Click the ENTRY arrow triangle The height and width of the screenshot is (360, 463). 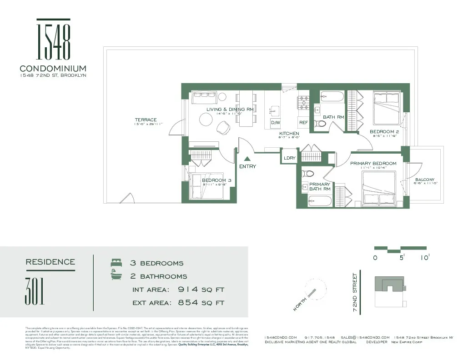tap(247, 159)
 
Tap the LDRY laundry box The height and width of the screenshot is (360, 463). tap(289, 158)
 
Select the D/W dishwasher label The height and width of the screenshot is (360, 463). tap(276, 123)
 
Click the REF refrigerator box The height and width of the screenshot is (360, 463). tap(303, 123)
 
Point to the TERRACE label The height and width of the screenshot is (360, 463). tap(146, 120)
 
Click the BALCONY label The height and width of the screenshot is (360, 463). tap(424, 180)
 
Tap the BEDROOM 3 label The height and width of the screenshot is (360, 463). tap(216, 180)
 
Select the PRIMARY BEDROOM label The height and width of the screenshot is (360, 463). tap(373, 164)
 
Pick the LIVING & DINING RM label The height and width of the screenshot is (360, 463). tap(230, 110)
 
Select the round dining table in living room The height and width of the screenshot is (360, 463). tap(206, 120)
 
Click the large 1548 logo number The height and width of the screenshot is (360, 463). tap(53, 41)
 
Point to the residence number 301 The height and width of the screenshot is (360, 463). tap(35, 291)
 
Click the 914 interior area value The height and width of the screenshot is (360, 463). tap(188, 290)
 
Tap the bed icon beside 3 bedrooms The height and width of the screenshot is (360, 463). tap(116, 263)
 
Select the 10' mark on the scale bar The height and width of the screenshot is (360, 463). tap(425, 257)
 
